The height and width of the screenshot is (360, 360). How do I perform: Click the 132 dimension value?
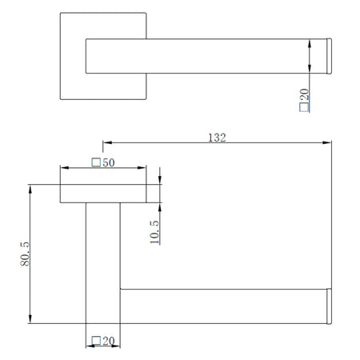click(217, 138)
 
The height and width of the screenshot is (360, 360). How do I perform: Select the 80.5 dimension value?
click(25, 254)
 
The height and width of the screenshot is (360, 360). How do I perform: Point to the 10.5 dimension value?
click(154, 232)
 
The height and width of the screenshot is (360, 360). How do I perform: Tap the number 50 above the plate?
click(109, 162)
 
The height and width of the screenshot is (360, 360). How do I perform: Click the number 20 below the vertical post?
click(109, 341)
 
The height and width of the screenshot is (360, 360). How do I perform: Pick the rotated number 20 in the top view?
click(304, 94)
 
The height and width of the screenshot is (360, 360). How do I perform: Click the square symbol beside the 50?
click(96, 162)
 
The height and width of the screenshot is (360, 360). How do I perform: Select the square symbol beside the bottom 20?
click(96, 341)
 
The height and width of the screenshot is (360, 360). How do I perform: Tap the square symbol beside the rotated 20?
click(304, 107)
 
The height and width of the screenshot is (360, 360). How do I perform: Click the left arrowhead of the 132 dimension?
click(107, 142)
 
